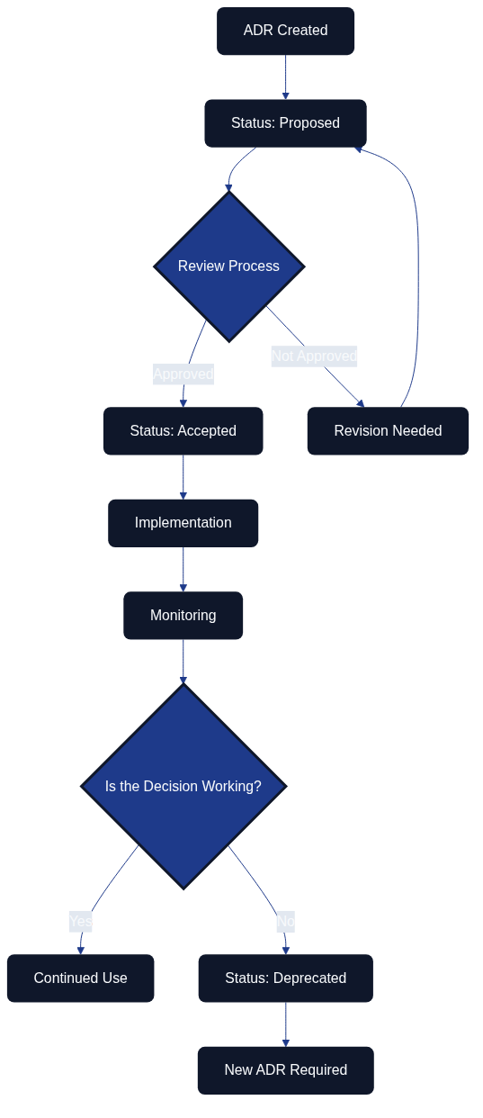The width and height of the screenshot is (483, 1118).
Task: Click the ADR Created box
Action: pyautogui.click(x=285, y=31)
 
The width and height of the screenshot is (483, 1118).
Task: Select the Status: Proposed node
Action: pyautogui.click(x=285, y=123)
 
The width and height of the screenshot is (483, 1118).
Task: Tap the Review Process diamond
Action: pyautogui.click(x=228, y=266)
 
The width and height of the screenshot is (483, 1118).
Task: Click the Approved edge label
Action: pyautogui.click(x=183, y=374)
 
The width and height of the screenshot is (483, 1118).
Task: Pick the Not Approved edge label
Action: pyautogui.click(x=314, y=356)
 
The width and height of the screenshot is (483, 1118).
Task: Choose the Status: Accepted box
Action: pyautogui.click(x=183, y=431)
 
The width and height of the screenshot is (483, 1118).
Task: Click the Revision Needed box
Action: pyautogui.click(x=388, y=431)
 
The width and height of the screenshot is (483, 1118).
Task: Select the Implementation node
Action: pyautogui.click(x=183, y=523)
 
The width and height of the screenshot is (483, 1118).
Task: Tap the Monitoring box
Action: pyautogui.click(x=183, y=616)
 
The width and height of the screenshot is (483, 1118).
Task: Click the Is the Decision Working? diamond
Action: pyautogui.click(x=183, y=786)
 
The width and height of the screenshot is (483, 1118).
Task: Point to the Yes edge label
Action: pyautogui.click(x=80, y=921)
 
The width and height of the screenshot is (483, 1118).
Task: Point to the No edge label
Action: pyautogui.click(x=285, y=921)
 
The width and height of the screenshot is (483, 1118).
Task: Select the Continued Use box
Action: pyautogui.click(x=80, y=978)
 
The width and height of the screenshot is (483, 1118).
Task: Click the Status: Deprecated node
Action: pyautogui.click(x=285, y=978)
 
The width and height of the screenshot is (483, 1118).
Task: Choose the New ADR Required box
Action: pyautogui.click(x=285, y=1070)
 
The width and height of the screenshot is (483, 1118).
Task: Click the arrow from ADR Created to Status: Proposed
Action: pyautogui.click(x=286, y=77)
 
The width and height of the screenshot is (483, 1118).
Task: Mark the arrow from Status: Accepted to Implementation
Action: pyautogui.click(x=183, y=477)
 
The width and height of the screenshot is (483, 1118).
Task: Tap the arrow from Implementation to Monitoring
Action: pyautogui.click(x=183, y=569)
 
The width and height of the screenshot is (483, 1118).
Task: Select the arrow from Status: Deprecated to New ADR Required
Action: pyautogui.click(x=286, y=1024)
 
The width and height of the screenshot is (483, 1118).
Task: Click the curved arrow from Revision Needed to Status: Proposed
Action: pyautogui.click(x=418, y=270)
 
